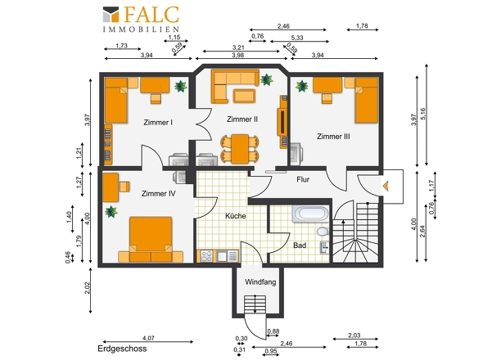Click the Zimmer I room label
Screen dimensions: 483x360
(158, 122)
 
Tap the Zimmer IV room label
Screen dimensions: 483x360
(159, 194)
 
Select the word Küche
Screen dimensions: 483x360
(236, 216)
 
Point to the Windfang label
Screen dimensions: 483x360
(260, 282)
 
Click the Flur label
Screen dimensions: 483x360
(303, 179)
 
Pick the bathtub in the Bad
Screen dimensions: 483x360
(310, 214)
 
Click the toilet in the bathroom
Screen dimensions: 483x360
(323, 231)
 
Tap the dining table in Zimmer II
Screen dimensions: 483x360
(240, 149)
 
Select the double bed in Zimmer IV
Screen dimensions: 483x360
(151, 240)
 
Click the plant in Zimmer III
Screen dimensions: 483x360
(302, 86)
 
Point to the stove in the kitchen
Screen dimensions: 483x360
(206, 256)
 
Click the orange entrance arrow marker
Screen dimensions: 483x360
(386, 186)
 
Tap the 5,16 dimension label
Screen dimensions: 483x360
(422, 114)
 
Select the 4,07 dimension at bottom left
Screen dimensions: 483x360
(148, 338)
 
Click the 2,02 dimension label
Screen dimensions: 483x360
(87, 288)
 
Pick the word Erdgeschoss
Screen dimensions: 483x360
(122, 349)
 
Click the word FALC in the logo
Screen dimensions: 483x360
(151, 15)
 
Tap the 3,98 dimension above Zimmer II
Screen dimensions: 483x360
(238, 55)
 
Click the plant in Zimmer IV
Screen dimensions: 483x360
(111, 212)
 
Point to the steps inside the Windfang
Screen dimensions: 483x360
(255, 304)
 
